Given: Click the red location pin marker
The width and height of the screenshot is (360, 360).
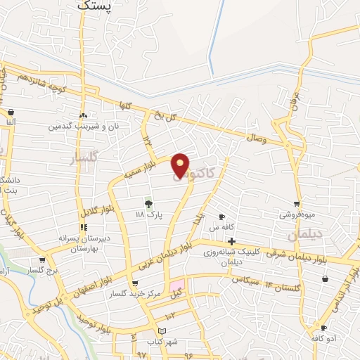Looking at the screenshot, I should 181,165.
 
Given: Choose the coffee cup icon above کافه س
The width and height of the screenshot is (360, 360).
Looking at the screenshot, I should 222,217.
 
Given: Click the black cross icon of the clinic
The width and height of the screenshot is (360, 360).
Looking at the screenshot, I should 231,242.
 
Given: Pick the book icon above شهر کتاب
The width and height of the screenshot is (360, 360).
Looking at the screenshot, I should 162,331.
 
